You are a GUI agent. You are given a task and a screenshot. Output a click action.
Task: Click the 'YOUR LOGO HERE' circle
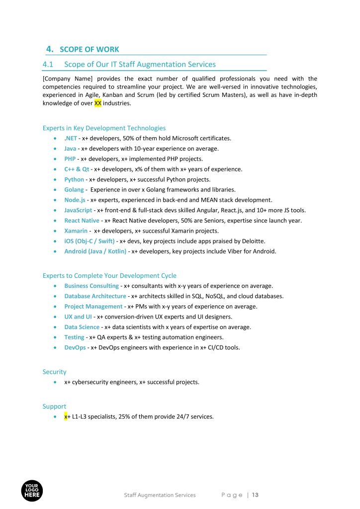coord(32,491)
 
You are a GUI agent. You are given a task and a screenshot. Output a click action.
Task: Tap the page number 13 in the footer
coord(256,495)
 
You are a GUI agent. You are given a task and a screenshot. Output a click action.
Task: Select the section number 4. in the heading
coord(49,49)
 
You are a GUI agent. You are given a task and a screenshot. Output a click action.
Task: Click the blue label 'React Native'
coord(82,221)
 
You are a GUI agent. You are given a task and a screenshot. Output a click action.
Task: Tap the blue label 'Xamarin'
coord(76,231)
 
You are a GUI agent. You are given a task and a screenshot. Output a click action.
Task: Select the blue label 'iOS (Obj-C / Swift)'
coord(89,241)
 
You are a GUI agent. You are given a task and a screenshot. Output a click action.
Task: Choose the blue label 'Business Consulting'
coord(91,286)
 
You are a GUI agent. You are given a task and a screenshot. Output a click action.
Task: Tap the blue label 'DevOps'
coord(75,347)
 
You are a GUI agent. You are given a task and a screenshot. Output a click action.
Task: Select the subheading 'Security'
coord(54,372)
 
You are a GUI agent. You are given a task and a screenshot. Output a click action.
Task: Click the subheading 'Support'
coord(54,406)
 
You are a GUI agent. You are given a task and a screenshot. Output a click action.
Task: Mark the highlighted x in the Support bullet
coord(66,417)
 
